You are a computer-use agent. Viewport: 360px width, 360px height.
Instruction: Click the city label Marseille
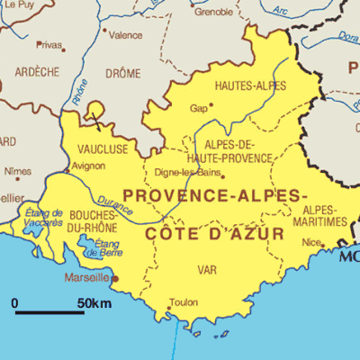(85, 278)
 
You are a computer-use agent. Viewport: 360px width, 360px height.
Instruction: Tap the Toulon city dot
(168, 309)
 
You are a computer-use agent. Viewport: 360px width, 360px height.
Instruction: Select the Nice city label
(311, 242)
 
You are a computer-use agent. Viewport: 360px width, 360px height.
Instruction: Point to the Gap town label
(198, 108)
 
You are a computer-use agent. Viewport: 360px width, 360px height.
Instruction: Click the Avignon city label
(88, 166)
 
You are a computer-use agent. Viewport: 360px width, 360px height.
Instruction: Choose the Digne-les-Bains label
(188, 172)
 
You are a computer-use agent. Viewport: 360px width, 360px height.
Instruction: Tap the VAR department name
(207, 269)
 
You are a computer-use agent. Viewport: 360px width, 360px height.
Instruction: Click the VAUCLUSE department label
(103, 148)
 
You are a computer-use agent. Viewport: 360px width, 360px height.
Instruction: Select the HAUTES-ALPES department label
(251, 85)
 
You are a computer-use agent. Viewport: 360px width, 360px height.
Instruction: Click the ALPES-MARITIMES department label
(320, 216)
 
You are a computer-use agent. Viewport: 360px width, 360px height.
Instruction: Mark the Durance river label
(116, 204)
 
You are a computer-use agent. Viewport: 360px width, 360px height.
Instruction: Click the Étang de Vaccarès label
(44, 217)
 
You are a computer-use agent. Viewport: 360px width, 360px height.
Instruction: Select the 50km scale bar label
(94, 303)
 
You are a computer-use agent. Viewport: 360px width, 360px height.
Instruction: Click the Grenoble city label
(213, 12)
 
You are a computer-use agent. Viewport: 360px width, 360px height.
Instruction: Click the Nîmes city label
(17, 170)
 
